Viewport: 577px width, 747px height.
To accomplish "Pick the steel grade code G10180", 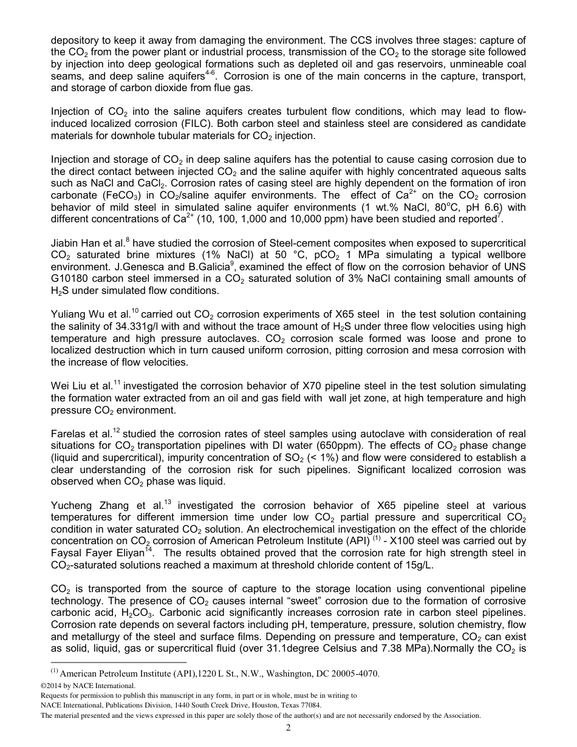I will coord(69,278).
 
